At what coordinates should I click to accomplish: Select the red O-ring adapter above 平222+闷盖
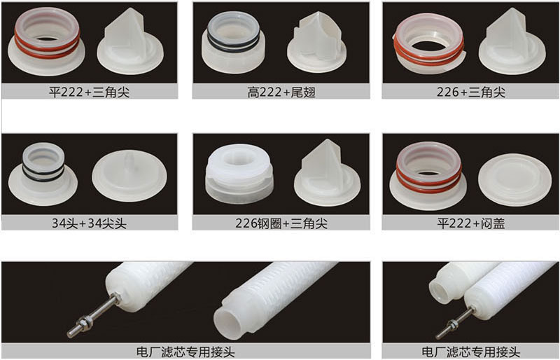tap(428, 175)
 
